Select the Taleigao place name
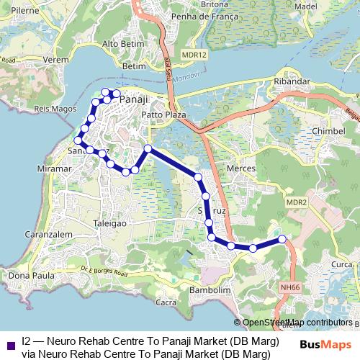[110, 224]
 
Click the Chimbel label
[329, 130]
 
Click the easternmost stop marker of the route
[282, 238]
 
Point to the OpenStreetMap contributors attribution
[297, 323]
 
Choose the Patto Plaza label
[164, 114]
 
